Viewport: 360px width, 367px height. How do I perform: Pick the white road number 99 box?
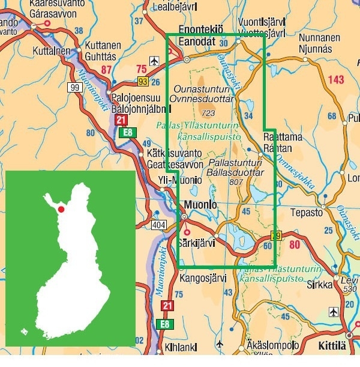coord(74,88)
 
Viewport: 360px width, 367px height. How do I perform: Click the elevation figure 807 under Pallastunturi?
coord(235,182)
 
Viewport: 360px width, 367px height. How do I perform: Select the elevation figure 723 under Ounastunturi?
coord(209,113)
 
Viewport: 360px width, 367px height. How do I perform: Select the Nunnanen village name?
coord(319,37)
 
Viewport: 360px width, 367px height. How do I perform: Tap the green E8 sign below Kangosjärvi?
coord(166,324)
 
